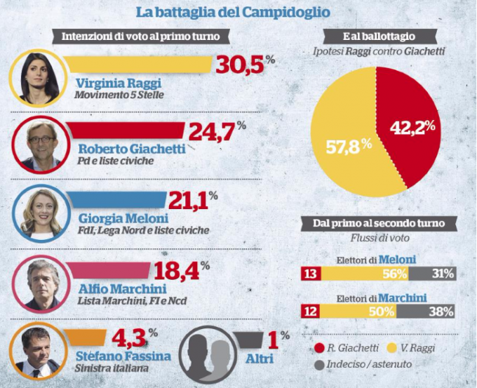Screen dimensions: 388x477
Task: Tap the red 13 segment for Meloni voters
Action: tap(309, 274)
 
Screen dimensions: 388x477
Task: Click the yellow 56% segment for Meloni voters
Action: tap(365, 274)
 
